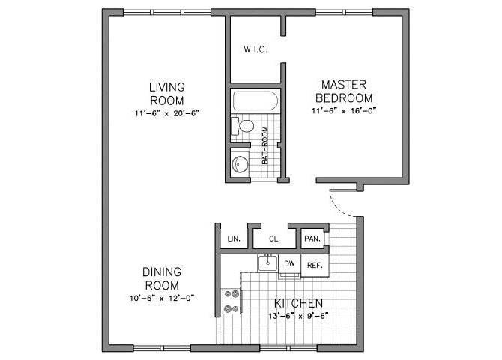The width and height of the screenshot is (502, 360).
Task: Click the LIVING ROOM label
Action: click(x=166, y=94)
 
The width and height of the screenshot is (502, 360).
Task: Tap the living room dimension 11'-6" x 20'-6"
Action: click(x=166, y=112)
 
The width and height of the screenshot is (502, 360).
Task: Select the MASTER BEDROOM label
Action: click(x=344, y=91)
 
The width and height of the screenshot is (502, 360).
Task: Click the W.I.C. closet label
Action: click(x=255, y=50)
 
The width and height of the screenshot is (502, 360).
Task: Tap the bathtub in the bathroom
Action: click(x=255, y=101)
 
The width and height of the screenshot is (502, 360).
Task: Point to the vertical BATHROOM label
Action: click(x=265, y=150)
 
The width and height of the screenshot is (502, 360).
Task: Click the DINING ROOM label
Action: click(x=161, y=278)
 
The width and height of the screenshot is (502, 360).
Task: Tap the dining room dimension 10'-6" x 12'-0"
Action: click(x=161, y=298)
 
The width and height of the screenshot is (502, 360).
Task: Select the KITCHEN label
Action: click(x=298, y=303)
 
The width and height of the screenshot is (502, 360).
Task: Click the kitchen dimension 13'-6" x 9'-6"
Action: click(x=298, y=315)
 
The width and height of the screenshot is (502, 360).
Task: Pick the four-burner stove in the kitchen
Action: click(x=231, y=301)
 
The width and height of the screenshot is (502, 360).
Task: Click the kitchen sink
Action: click(x=267, y=262)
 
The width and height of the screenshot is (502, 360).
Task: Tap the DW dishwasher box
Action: click(x=290, y=264)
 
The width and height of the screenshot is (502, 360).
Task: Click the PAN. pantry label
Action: click(x=312, y=239)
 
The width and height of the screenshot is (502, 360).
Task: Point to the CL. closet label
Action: click(x=273, y=239)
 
